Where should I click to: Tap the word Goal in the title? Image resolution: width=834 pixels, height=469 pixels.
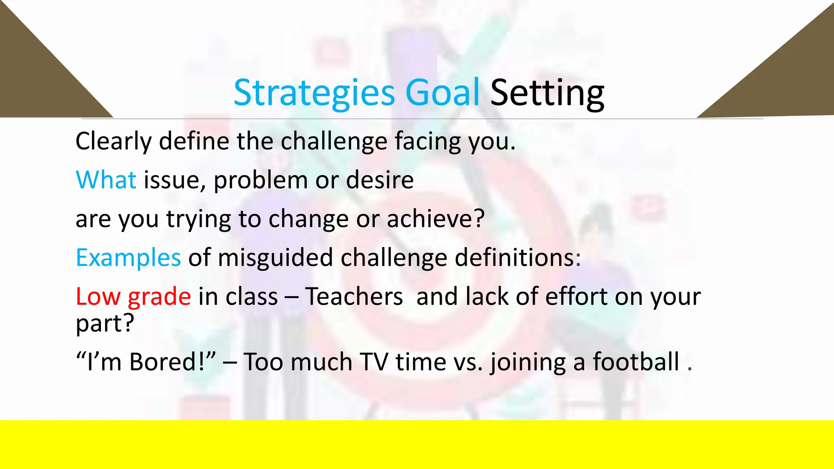click(442, 93)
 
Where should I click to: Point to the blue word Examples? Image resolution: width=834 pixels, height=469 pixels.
click(128, 258)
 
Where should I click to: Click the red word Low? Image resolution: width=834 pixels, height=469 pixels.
click(98, 296)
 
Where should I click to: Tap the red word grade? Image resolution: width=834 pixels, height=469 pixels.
click(159, 297)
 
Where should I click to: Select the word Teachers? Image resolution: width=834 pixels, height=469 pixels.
click(354, 296)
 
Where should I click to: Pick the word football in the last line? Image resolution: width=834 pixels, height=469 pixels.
click(636, 362)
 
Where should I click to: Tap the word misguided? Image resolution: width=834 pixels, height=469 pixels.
click(275, 258)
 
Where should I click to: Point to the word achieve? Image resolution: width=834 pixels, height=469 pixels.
click(435, 219)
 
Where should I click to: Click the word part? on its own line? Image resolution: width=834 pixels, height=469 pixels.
click(105, 324)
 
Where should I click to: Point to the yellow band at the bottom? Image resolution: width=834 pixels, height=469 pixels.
click(417, 445)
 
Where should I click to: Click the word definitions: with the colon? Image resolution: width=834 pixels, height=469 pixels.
click(518, 258)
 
